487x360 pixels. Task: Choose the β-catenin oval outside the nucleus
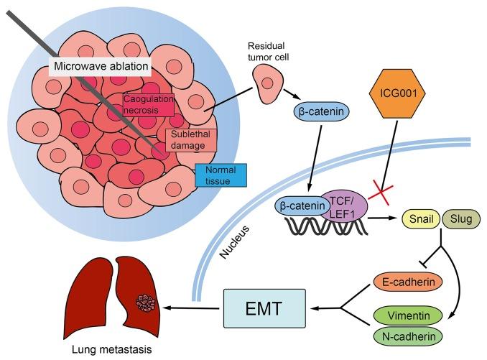point(320,112)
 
